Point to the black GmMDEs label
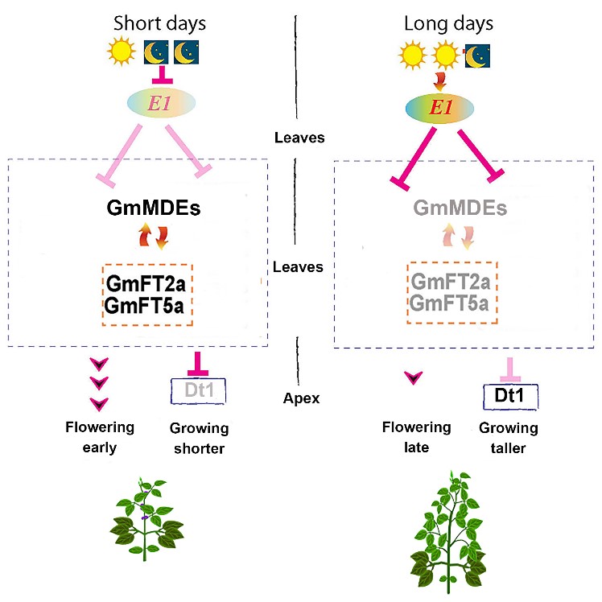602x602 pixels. click(x=153, y=209)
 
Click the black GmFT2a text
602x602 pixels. click(x=146, y=285)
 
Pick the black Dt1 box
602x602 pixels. click(x=508, y=395)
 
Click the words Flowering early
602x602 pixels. click(x=100, y=436)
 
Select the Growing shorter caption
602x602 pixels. click(x=199, y=436)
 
